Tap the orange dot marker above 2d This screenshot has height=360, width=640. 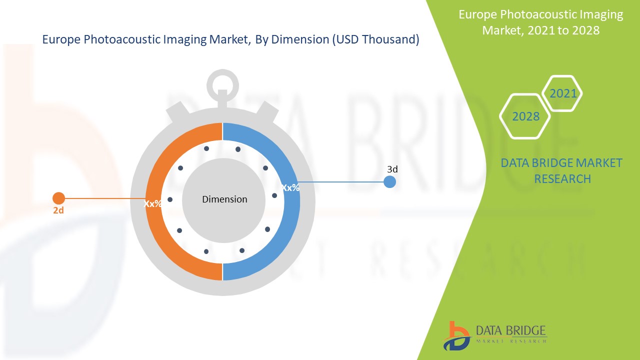click(x=58, y=198)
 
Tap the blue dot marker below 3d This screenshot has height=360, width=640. click(x=389, y=182)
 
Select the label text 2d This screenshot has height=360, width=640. click(x=58, y=210)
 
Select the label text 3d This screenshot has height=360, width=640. click(x=392, y=169)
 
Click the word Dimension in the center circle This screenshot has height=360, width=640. click(x=224, y=199)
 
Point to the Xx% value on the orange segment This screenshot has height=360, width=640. click(x=152, y=203)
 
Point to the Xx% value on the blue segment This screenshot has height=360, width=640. click(x=290, y=187)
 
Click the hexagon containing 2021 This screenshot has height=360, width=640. click(x=562, y=93)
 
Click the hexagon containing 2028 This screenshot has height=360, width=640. click(x=525, y=116)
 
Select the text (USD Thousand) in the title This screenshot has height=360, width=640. click(x=375, y=40)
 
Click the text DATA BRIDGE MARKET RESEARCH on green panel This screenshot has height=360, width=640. click(x=562, y=170)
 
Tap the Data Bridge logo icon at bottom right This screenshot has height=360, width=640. click(x=456, y=335)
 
